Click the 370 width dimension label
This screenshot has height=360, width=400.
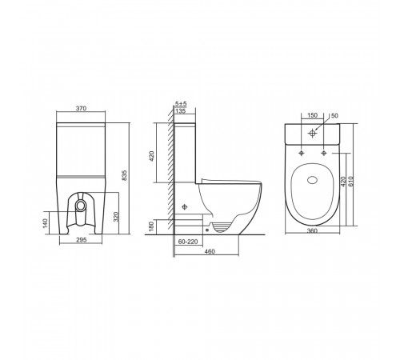(x=81, y=108)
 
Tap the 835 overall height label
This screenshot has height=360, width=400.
(x=124, y=175)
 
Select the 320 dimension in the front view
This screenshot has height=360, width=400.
(x=115, y=217)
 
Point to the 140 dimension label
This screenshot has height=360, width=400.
(x=45, y=223)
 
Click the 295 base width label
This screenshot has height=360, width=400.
(x=82, y=240)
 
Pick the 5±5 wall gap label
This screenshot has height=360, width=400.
(x=181, y=103)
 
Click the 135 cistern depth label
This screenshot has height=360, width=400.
(x=181, y=110)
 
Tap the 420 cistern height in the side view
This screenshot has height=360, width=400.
(x=151, y=156)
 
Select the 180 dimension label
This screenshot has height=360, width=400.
(x=151, y=226)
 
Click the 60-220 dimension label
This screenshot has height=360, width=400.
(x=188, y=242)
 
